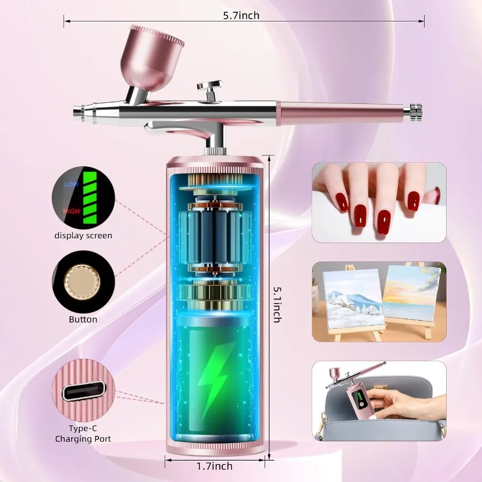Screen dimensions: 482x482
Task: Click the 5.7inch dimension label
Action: click(241, 16)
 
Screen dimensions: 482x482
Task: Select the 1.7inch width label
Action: click(214, 466)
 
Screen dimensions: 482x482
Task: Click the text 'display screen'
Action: click(83, 236)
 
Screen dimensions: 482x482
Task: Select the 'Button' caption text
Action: click(83, 320)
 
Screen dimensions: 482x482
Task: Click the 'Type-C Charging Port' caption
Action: click(83, 433)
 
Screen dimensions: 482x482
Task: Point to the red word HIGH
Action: click(71, 212)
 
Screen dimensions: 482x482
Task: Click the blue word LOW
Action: click(71, 184)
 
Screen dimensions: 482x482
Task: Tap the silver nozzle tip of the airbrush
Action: click(79, 112)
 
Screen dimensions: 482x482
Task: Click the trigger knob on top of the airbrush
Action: click(209, 86)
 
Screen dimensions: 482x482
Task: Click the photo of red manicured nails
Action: click(379, 202)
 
